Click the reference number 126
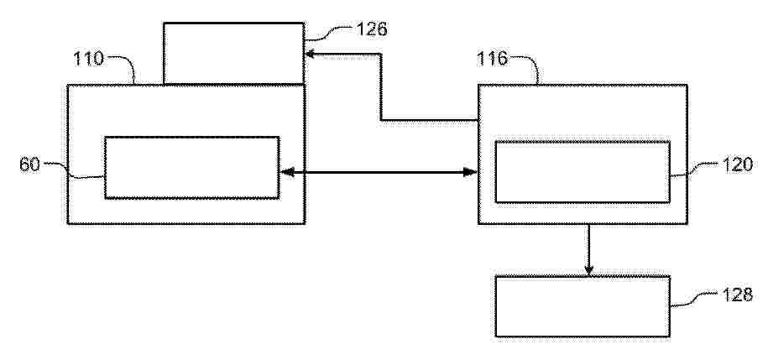pyautogui.click(x=371, y=29)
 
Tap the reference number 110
pyautogui.click(x=89, y=59)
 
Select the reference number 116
pyautogui.click(x=493, y=60)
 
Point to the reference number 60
pyautogui.click(x=29, y=164)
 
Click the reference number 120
pyautogui.click(x=738, y=164)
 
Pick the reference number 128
pyautogui.click(x=738, y=295)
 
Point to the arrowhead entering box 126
pyautogui.click(x=309, y=54)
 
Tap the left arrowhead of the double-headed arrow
pyautogui.click(x=286, y=172)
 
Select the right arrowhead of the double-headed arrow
pyautogui.click(x=471, y=172)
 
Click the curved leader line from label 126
pyautogui.click(x=329, y=34)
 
